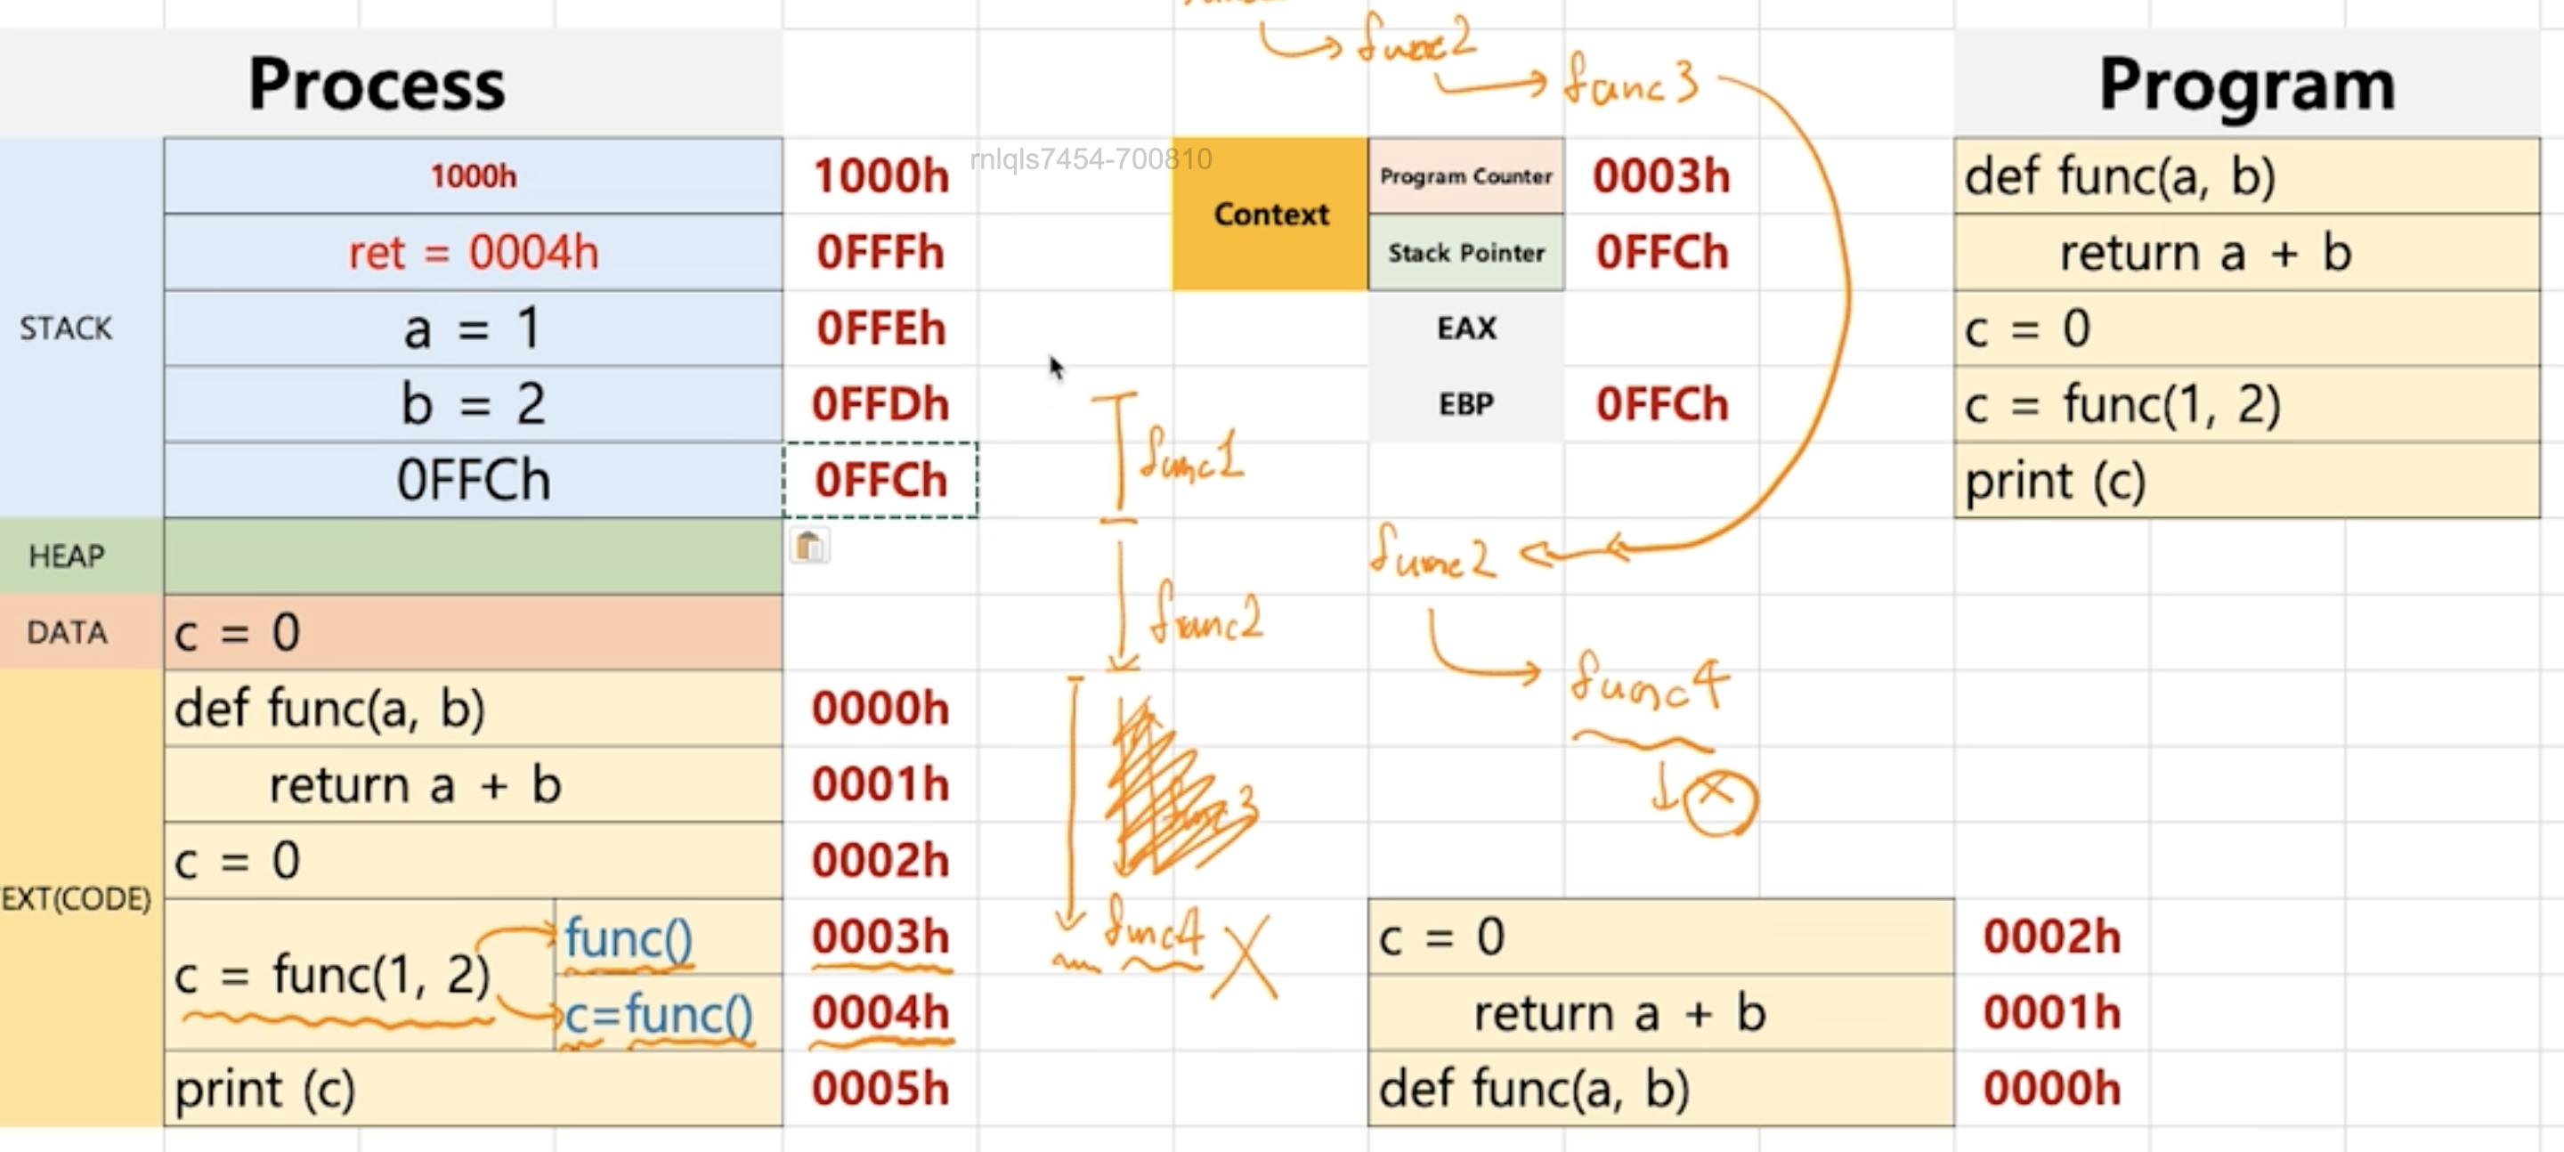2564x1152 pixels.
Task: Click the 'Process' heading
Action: coord(377,85)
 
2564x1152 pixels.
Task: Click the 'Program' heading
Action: coord(2245,85)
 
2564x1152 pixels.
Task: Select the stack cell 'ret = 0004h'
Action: coord(473,253)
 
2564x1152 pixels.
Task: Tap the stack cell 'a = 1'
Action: coord(473,329)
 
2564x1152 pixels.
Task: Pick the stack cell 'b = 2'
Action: coord(473,404)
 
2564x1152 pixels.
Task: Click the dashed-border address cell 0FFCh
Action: coord(880,480)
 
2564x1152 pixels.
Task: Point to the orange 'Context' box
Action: coord(1270,214)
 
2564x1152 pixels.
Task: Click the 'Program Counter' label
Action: coord(1465,176)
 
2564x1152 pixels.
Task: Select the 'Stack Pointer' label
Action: coord(1465,253)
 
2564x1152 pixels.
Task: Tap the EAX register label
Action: coord(1465,329)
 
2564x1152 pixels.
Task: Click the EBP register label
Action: coord(1465,404)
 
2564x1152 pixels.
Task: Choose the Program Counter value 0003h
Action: coord(1661,176)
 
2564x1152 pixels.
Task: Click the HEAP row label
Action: coord(67,556)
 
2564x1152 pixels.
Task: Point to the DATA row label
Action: coord(67,632)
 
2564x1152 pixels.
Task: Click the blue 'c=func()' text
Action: coord(658,1016)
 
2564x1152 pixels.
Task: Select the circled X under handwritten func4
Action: coord(1720,801)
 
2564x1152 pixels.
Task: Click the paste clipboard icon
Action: coord(809,546)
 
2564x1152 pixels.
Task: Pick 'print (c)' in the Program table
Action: coord(2055,482)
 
